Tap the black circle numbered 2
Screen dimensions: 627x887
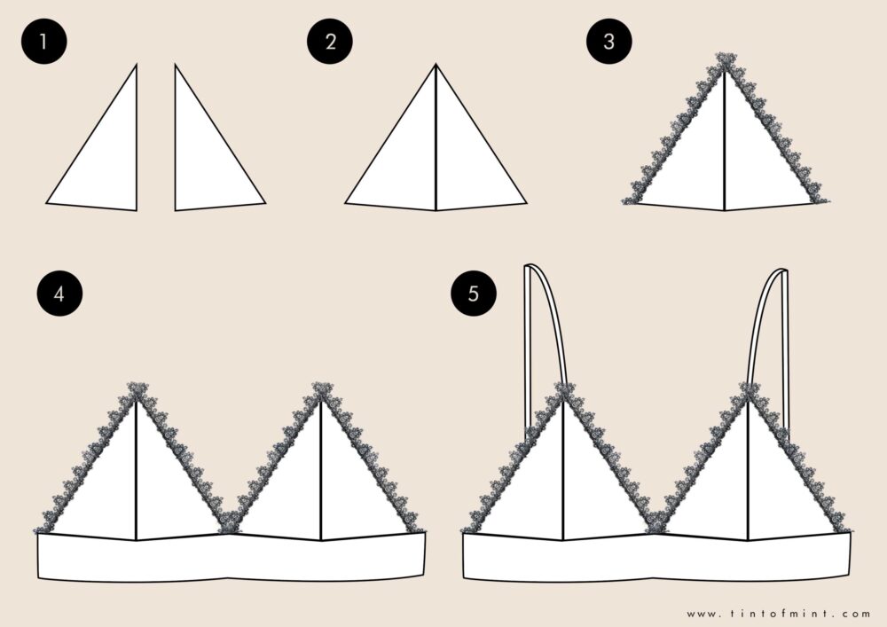click(331, 43)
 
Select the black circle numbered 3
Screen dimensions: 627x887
click(608, 43)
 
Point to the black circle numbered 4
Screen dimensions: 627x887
click(58, 294)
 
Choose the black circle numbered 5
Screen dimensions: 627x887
click(473, 294)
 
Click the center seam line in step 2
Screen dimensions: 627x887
click(436, 142)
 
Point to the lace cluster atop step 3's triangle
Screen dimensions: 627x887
click(725, 62)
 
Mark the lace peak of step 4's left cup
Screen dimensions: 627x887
click(137, 390)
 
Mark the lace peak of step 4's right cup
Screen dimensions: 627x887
click(321, 390)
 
